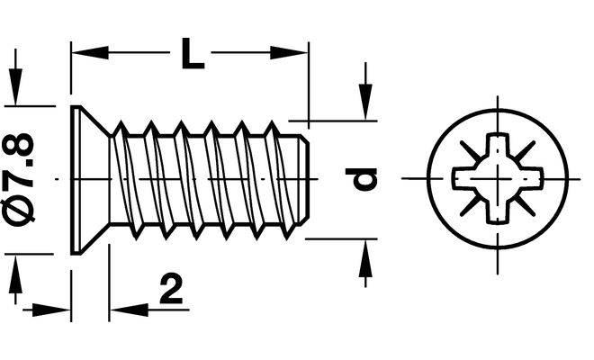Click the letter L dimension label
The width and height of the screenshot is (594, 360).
193,53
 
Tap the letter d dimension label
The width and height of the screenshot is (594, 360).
361,179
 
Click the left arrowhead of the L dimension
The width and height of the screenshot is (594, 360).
90,53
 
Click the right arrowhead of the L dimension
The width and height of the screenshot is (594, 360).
289,53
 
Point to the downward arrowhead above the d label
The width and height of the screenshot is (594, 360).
365,102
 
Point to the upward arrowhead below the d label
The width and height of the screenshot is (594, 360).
365,257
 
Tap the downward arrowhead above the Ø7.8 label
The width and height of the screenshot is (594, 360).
15,87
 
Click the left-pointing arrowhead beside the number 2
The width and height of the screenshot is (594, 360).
129,310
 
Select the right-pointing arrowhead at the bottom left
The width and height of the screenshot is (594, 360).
52,310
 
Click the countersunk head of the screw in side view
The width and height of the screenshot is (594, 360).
91,180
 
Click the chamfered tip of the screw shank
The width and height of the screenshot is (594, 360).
304,180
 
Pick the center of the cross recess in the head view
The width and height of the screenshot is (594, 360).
498,178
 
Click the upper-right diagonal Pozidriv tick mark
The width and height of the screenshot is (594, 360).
525,151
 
